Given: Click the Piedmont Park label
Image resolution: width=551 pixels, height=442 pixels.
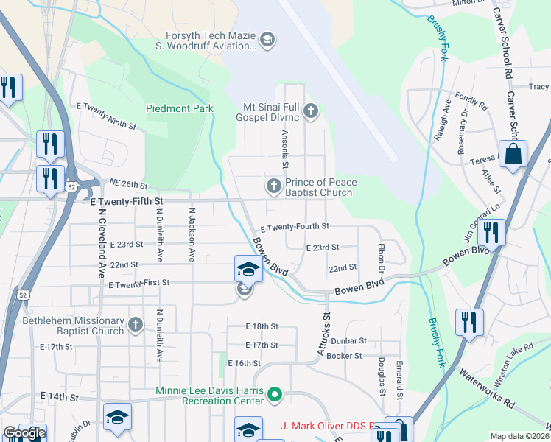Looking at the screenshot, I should (x=180, y=108).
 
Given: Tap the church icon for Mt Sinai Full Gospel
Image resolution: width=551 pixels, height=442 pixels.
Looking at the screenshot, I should (x=311, y=111).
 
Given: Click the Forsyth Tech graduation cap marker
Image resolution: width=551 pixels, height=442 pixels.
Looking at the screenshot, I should (x=267, y=39).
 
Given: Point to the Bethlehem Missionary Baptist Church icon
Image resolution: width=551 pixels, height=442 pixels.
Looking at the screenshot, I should (x=136, y=324).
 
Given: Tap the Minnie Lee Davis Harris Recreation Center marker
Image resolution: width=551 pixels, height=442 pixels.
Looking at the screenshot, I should (x=275, y=396).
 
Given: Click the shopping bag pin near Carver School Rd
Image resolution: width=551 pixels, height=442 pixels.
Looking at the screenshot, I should (x=513, y=155).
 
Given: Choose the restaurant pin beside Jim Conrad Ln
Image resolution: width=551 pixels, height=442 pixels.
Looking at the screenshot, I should (x=491, y=232).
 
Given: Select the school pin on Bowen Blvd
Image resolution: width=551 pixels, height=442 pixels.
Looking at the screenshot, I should (x=248, y=269).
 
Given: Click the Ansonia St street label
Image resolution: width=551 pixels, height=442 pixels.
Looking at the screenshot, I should (x=284, y=150).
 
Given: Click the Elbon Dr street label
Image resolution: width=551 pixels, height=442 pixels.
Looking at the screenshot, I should (x=382, y=256).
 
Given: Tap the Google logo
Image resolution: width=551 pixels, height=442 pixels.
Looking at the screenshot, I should (x=24, y=433).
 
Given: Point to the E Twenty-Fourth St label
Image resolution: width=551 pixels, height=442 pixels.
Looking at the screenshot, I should (x=294, y=227).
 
